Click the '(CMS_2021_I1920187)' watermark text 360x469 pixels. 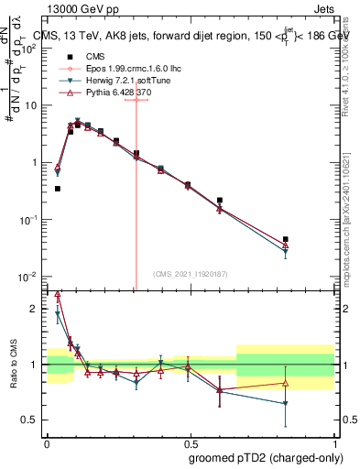click(x=190, y=273)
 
